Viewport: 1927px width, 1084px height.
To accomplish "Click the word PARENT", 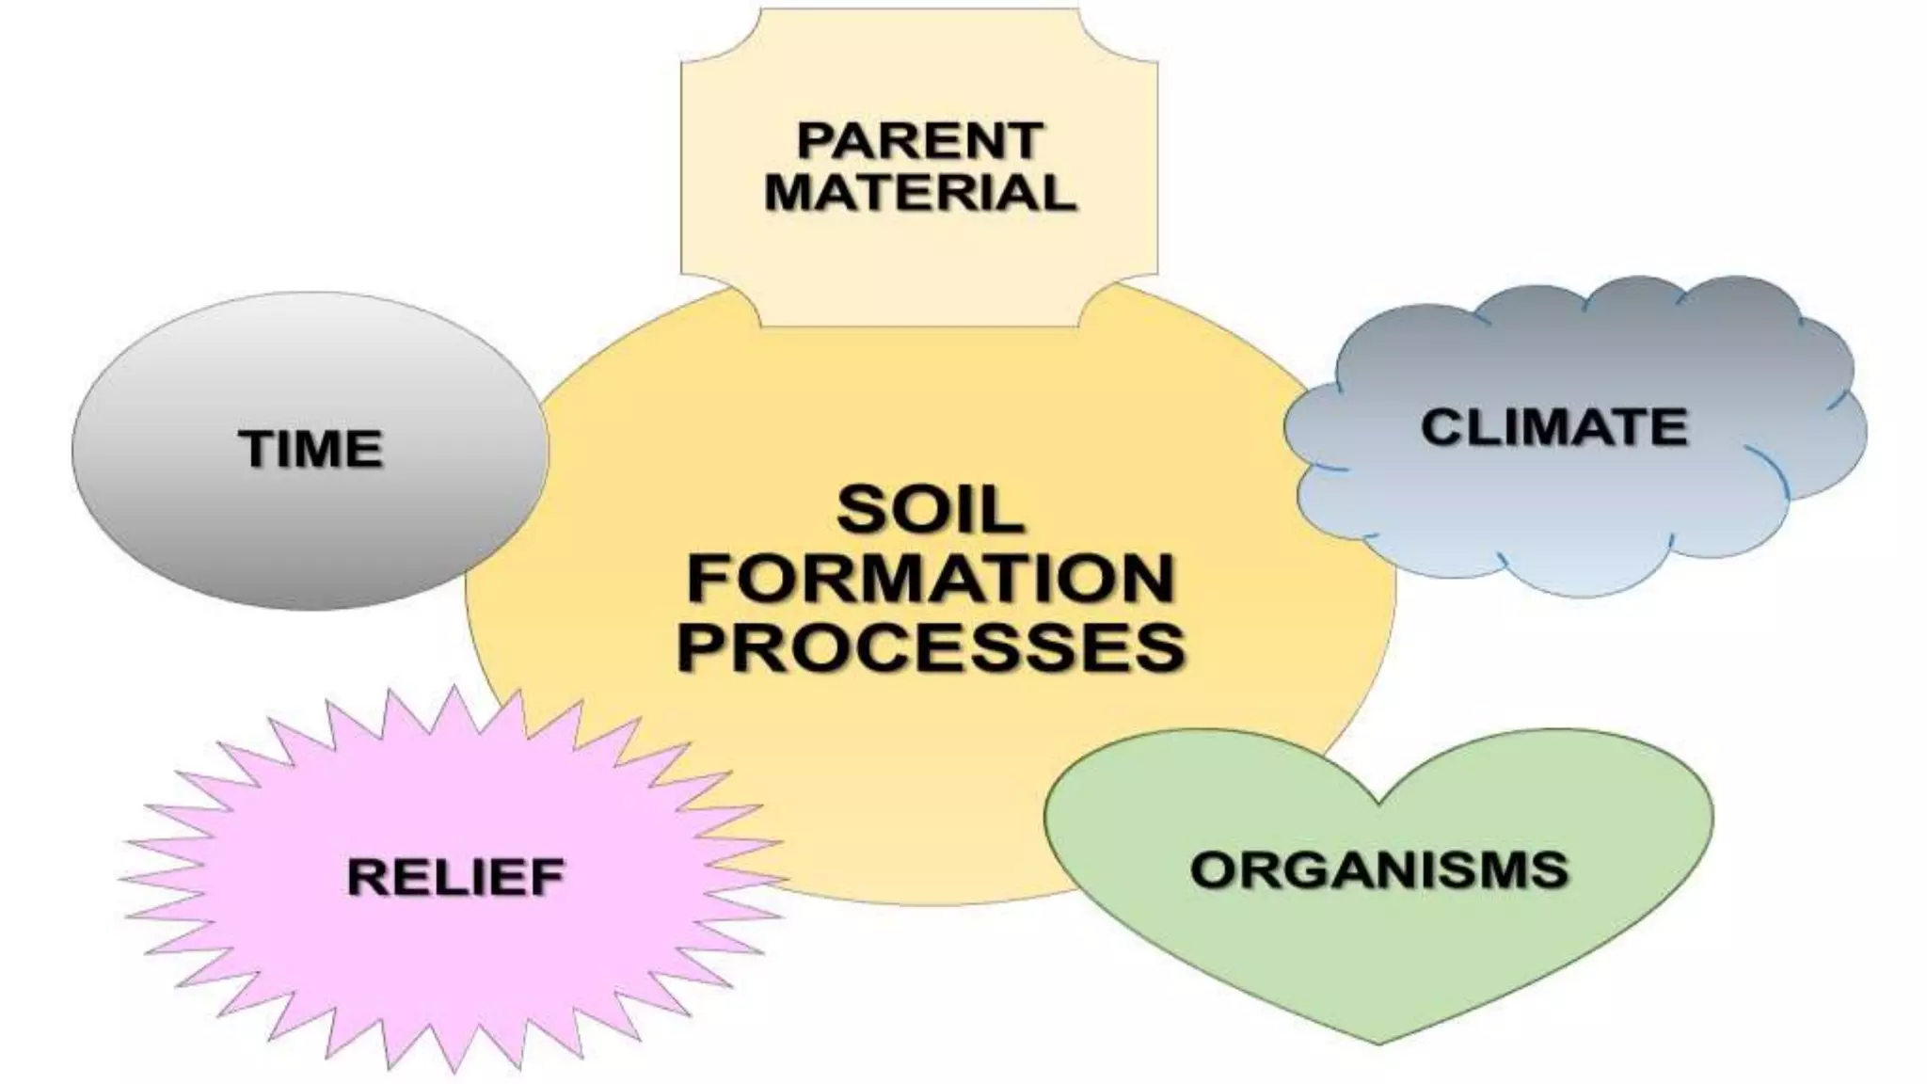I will tap(919, 141).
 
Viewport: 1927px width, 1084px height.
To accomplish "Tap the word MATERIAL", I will tap(919, 192).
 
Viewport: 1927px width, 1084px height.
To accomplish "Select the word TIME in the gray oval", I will tap(311, 449).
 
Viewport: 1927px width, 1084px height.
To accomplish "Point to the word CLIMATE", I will tap(1554, 427).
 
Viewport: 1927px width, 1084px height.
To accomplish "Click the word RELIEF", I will tap(455, 877).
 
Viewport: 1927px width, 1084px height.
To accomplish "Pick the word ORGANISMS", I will tap(1378, 869).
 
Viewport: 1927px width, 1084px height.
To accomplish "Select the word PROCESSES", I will tap(932, 646).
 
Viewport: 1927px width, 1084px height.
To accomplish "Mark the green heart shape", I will tap(1378, 950).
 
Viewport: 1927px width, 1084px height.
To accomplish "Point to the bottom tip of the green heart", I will tap(1379, 1041).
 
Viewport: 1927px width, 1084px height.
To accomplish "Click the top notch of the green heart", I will tap(1378, 802).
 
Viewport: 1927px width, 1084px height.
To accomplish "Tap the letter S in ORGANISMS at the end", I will tap(1550, 869).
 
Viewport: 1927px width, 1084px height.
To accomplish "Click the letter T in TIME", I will tap(257, 449).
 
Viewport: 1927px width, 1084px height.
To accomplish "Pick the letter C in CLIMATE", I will tap(1440, 427).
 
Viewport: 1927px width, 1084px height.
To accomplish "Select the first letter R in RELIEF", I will tap(365, 877).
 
